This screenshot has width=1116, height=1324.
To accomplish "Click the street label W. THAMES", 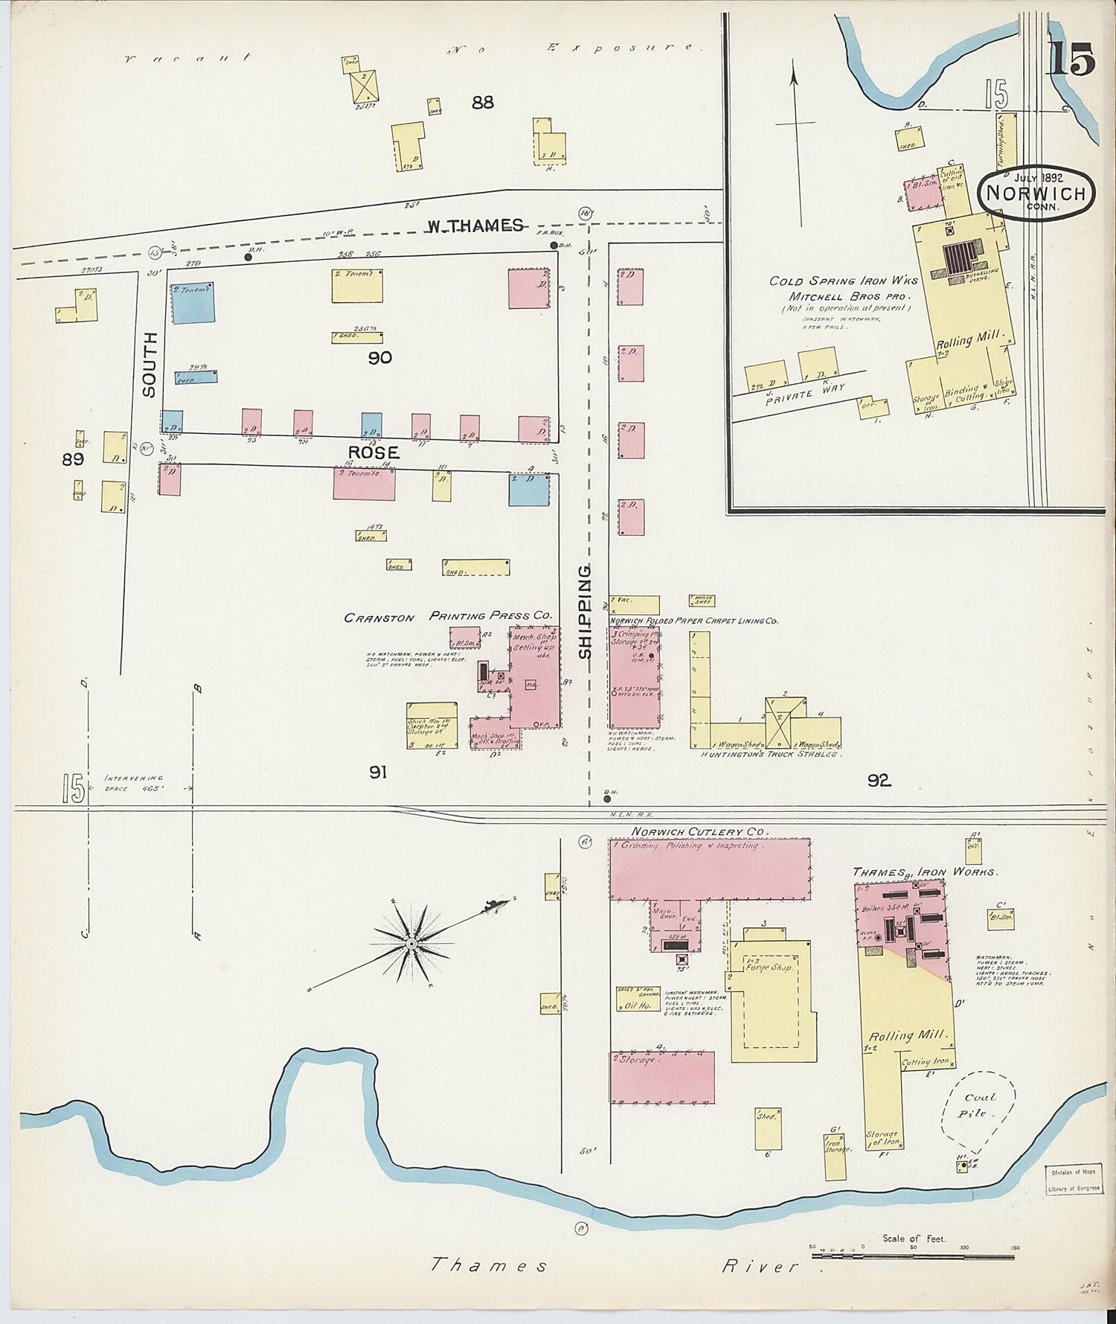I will click(x=474, y=226).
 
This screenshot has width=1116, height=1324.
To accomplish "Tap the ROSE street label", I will click(x=373, y=452).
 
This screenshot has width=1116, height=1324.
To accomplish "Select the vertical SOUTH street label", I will click(x=150, y=365).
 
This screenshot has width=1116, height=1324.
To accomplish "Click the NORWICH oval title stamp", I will click(x=1036, y=194).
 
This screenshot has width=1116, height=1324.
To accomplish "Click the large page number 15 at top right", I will click(x=1071, y=60).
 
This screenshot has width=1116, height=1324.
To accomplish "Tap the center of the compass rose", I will click(x=411, y=944).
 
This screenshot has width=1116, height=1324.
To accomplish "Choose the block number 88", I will click(x=482, y=102).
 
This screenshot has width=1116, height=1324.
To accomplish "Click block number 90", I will click(x=379, y=358).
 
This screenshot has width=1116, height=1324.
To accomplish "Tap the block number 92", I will click(x=879, y=780).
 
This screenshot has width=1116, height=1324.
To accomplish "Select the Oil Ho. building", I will click(x=638, y=1004).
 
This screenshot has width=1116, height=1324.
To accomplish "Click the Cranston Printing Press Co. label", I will click(x=449, y=616).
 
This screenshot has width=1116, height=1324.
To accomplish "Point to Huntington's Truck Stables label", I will click(x=769, y=754).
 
